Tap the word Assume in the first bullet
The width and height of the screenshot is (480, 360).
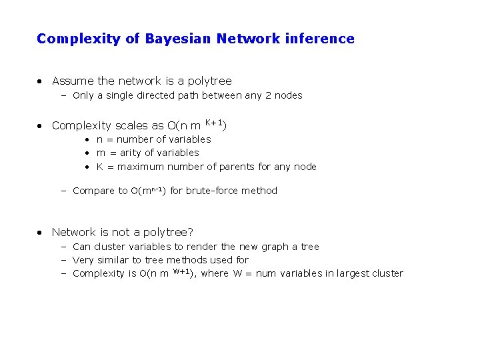[x=73, y=81]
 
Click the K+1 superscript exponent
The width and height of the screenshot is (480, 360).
[x=213, y=122]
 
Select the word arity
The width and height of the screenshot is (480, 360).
[x=132, y=153]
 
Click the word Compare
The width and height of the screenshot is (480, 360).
[x=93, y=191]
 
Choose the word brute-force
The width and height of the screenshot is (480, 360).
[x=213, y=191]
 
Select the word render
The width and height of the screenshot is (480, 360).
[x=202, y=247]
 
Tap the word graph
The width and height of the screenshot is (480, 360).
[x=268, y=247]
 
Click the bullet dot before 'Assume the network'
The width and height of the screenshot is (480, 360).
[x=41, y=81]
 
